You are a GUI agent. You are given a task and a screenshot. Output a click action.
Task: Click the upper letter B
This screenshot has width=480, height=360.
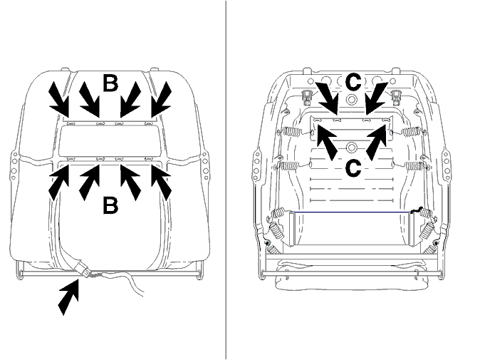[x=110, y=83]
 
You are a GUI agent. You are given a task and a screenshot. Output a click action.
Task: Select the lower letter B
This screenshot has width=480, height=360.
[x=110, y=205]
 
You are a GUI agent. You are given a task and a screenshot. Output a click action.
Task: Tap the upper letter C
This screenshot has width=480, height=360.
[x=353, y=82]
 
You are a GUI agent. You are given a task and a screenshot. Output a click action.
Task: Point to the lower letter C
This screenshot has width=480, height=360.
[x=353, y=168]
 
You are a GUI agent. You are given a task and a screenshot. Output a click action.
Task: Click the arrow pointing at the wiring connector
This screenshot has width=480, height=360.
[x=69, y=297]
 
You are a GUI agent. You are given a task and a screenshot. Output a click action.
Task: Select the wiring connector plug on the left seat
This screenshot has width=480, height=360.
[x=83, y=269]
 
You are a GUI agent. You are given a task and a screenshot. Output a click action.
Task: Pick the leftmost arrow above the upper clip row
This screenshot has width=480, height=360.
[x=59, y=99]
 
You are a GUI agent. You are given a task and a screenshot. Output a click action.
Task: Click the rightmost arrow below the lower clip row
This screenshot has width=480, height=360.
[x=161, y=183]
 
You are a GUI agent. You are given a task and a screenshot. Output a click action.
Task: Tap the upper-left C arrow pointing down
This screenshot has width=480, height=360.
[x=327, y=98]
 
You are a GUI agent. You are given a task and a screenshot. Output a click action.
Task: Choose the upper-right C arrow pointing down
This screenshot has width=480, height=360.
[x=377, y=98]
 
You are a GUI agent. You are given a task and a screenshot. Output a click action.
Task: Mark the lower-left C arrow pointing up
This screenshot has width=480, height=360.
[x=327, y=143]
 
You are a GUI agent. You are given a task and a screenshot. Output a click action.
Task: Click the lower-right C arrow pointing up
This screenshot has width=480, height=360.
[x=376, y=143]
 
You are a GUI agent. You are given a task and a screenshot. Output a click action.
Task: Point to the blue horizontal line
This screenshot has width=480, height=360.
[x=351, y=212]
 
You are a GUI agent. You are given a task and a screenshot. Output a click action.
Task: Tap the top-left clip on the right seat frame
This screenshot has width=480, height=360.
[x=306, y=97]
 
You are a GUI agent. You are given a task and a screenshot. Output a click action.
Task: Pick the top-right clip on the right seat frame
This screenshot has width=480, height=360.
[x=397, y=97]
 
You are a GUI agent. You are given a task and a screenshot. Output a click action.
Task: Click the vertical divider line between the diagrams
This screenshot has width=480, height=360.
[x=226, y=180]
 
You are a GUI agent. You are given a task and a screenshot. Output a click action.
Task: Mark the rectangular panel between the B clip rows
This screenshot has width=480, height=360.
[x=110, y=142]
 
